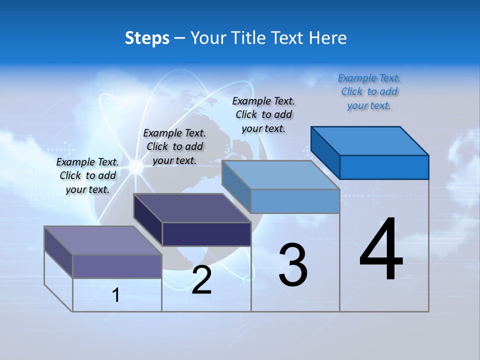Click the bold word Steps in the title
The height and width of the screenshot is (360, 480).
click(147, 38)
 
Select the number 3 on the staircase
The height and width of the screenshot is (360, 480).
click(292, 265)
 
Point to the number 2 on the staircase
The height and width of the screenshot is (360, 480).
click(201, 280)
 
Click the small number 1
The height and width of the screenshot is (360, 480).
click(116, 295)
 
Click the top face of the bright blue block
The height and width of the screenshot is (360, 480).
click(370, 140)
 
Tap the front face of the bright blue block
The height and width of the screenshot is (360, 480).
click(384, 167)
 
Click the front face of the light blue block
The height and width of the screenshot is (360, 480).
click(295, 201)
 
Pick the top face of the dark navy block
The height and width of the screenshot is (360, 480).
click(192, 208)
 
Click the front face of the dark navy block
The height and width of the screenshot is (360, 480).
click(206, 234)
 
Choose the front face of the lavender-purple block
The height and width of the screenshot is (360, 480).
click(117, 266)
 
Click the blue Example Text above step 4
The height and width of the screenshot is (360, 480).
click(369, 91)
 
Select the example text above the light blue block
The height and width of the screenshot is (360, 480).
click(263, 114)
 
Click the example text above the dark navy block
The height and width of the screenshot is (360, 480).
click(174, 146)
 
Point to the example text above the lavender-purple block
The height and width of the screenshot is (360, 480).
click(87, 175)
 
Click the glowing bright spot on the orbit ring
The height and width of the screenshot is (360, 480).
click(136, 167)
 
